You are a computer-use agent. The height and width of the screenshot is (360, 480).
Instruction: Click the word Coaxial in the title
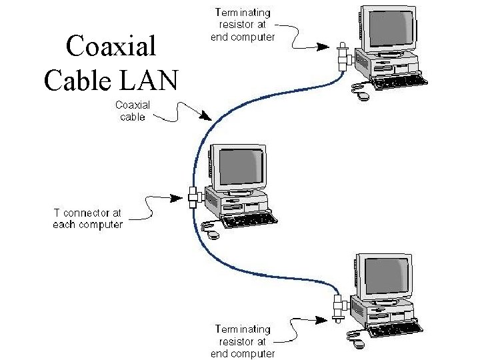(x=111, y=47)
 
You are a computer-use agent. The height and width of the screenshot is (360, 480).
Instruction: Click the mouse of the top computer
(x=363, y=95)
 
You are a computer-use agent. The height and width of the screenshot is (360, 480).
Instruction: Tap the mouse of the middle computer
(x=213, y=235)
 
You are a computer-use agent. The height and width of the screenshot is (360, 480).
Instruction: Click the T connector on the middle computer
(x=194, y=197)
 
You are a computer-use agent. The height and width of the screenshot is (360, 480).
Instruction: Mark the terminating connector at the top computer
(x=343, y=56)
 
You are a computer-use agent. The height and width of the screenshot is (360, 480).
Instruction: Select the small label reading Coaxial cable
(x=133, y=111)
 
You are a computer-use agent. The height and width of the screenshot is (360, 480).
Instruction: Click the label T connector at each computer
(x=88, y=219)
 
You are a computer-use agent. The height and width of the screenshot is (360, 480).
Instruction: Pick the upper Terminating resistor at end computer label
(x=243, y=25)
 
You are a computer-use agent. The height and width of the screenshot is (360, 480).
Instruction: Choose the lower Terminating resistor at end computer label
(x=243, y=341)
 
